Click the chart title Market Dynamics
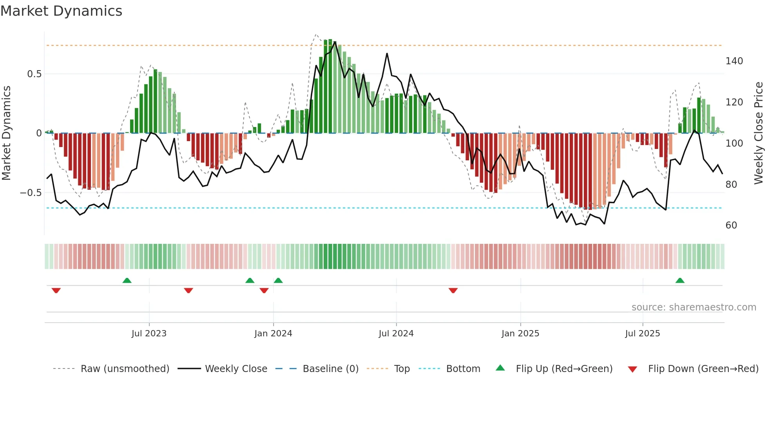tap(61, 11)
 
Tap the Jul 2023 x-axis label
tap(149, 334)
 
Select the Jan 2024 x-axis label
tap(273, 334)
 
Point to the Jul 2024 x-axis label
tap(396, 334)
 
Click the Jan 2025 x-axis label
tap(520, 334)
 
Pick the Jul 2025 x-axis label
tap(643, 334)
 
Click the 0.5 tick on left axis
tap(34, 74)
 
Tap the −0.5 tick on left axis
tap(31, 193)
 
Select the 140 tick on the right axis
tap(734, 61)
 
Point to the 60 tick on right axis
tap(731, 225)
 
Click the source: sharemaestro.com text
tap(694, 307)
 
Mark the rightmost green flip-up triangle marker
tap(680, 281)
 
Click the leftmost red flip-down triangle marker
tap(56, 290)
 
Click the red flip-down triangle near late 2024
tap(453, 290)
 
